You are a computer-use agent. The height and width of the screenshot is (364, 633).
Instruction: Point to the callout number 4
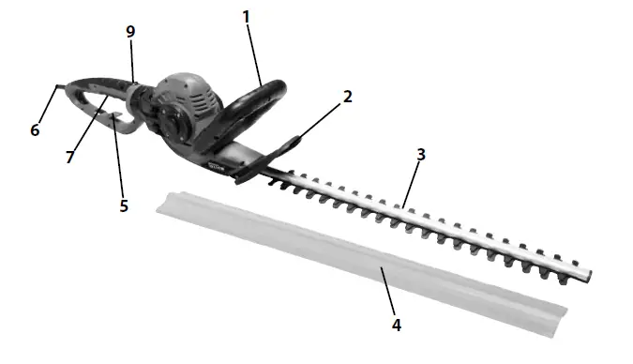[x=396, y=325]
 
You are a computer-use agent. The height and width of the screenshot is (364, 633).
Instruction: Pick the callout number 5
[x=124, y=205]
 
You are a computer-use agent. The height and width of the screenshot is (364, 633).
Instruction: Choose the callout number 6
[x=35, y=129]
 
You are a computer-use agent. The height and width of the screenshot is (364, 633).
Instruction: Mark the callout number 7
[x=69, y=157]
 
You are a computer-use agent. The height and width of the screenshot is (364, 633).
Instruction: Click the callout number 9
[x=130, y=31]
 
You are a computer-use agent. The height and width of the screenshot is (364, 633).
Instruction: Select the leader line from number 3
[x=411, y=182]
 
